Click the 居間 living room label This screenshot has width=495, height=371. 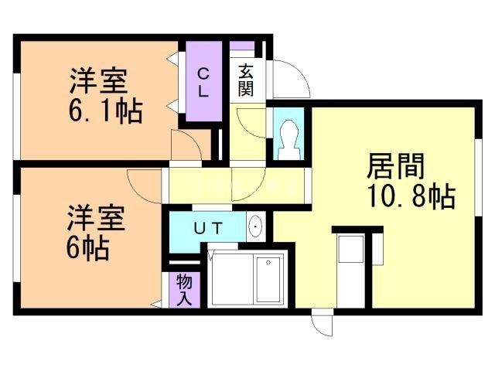point(396,166)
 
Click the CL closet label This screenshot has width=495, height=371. point(203,82)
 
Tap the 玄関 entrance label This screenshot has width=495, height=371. point(246,78)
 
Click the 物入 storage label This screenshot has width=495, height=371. point(185,289)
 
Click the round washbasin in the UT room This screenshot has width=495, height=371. point(256,227)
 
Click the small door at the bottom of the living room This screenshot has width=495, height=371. point(322,324)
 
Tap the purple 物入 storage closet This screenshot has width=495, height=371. point(185,289)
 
